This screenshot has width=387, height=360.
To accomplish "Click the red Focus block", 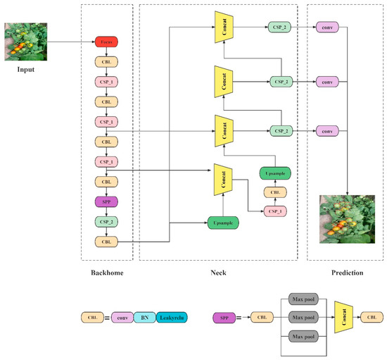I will pyautogui.click(x=106, y=42).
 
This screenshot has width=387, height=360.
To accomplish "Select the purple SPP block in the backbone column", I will pyautogui.click(x=106, y=201).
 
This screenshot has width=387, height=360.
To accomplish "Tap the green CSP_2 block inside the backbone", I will pyautogui.click(x=106, y=222).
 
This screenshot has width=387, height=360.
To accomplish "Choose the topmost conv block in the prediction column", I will pyautogui.click(x=325, y=27).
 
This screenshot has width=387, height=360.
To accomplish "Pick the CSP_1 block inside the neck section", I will pyautogui.click(x=274, y=210).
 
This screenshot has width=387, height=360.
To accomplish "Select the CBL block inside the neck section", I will pyautogui.click(x=274, y=192).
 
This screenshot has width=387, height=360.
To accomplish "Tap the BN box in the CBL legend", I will pyautogui.click(x=144, y=318).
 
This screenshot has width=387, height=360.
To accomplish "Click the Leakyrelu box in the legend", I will pyautogui.click(x=172, y=318).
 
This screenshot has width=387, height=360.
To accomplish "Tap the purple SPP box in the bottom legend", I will pyautogui.click(x=222, y=318).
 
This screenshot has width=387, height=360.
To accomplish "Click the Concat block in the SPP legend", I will pyautogui.click(x=343, y=318).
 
